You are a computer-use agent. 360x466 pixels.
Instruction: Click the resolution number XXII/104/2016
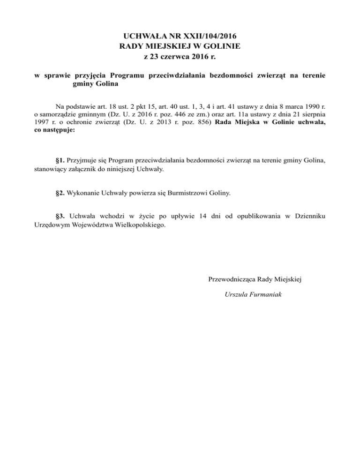(209, 36)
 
